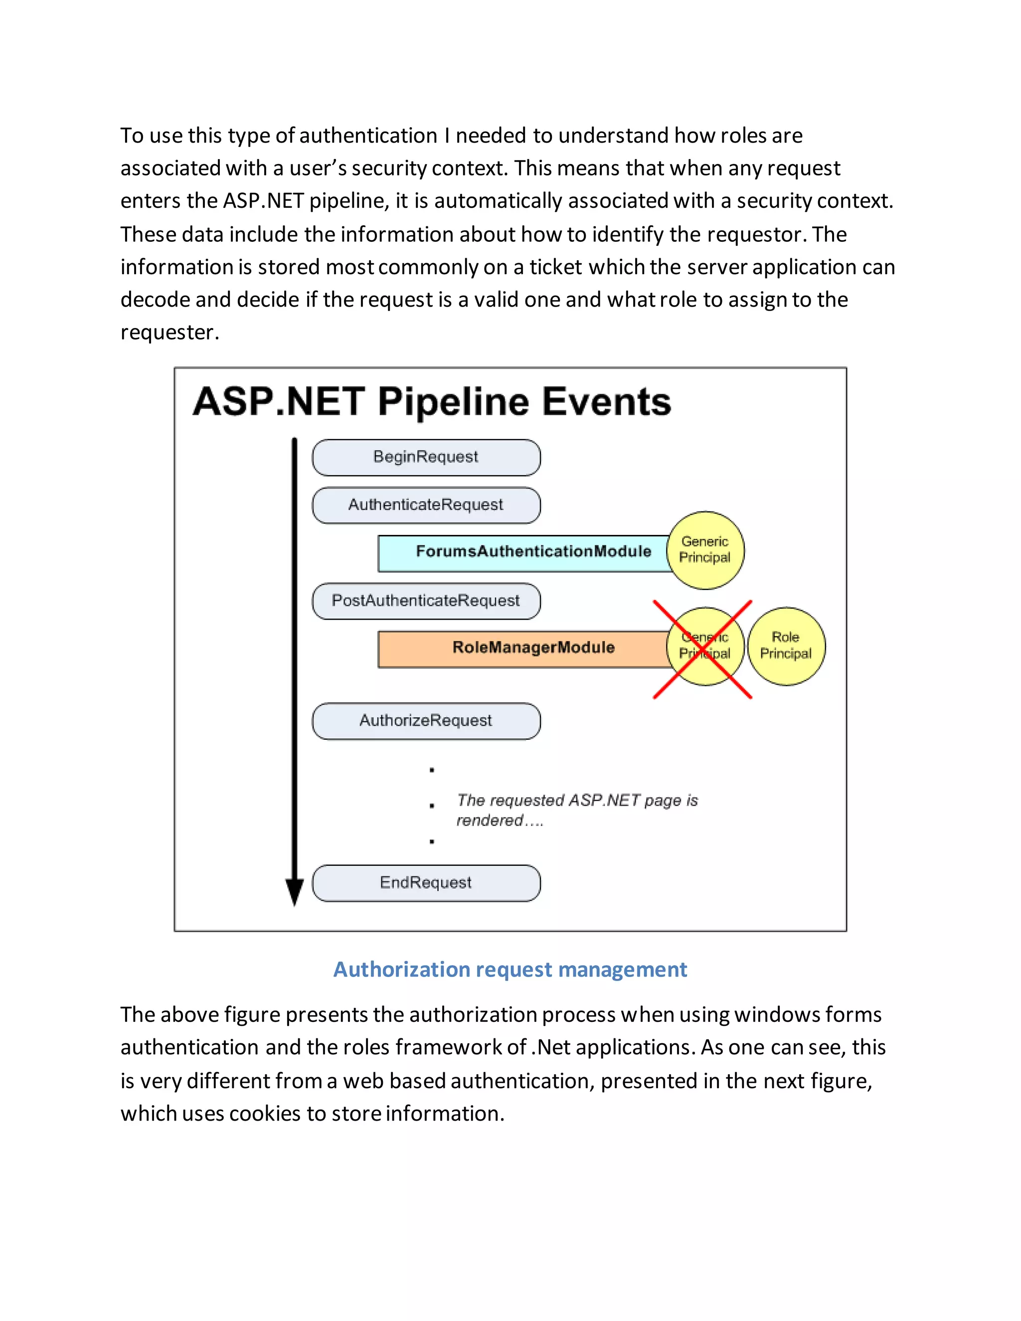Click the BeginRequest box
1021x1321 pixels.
pos(426,457)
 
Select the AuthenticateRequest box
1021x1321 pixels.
pos(426,505)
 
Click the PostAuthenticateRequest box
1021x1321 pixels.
pos(426,601)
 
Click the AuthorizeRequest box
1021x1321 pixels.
pos(426,720)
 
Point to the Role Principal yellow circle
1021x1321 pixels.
pos(786,646)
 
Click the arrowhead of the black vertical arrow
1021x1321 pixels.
pos(295,892)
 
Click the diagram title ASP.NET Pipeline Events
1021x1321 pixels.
pos(432,402)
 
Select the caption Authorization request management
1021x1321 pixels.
pos(510,969)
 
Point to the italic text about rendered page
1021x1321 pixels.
pos(576,809)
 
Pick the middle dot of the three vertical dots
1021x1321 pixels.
pos(431,805)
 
